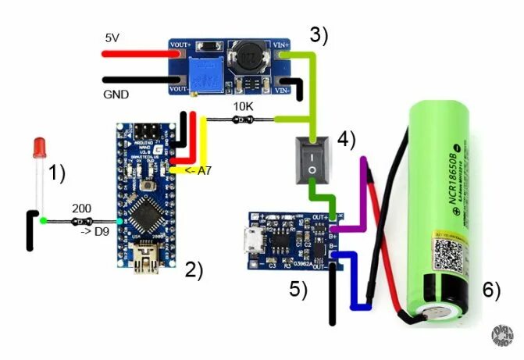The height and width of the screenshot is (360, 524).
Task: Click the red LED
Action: tap(39, 149)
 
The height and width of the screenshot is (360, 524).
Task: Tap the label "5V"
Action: tap(112, 37)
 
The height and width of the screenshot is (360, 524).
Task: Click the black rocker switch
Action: tap(312, 160)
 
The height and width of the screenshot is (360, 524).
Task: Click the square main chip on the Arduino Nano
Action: tap(145, 209)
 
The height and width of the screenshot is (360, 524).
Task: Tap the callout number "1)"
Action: tap(57, 173)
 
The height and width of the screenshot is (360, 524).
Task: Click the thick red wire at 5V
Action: tap(136, 53)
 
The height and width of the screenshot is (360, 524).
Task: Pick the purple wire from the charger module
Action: tap(360, 211)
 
